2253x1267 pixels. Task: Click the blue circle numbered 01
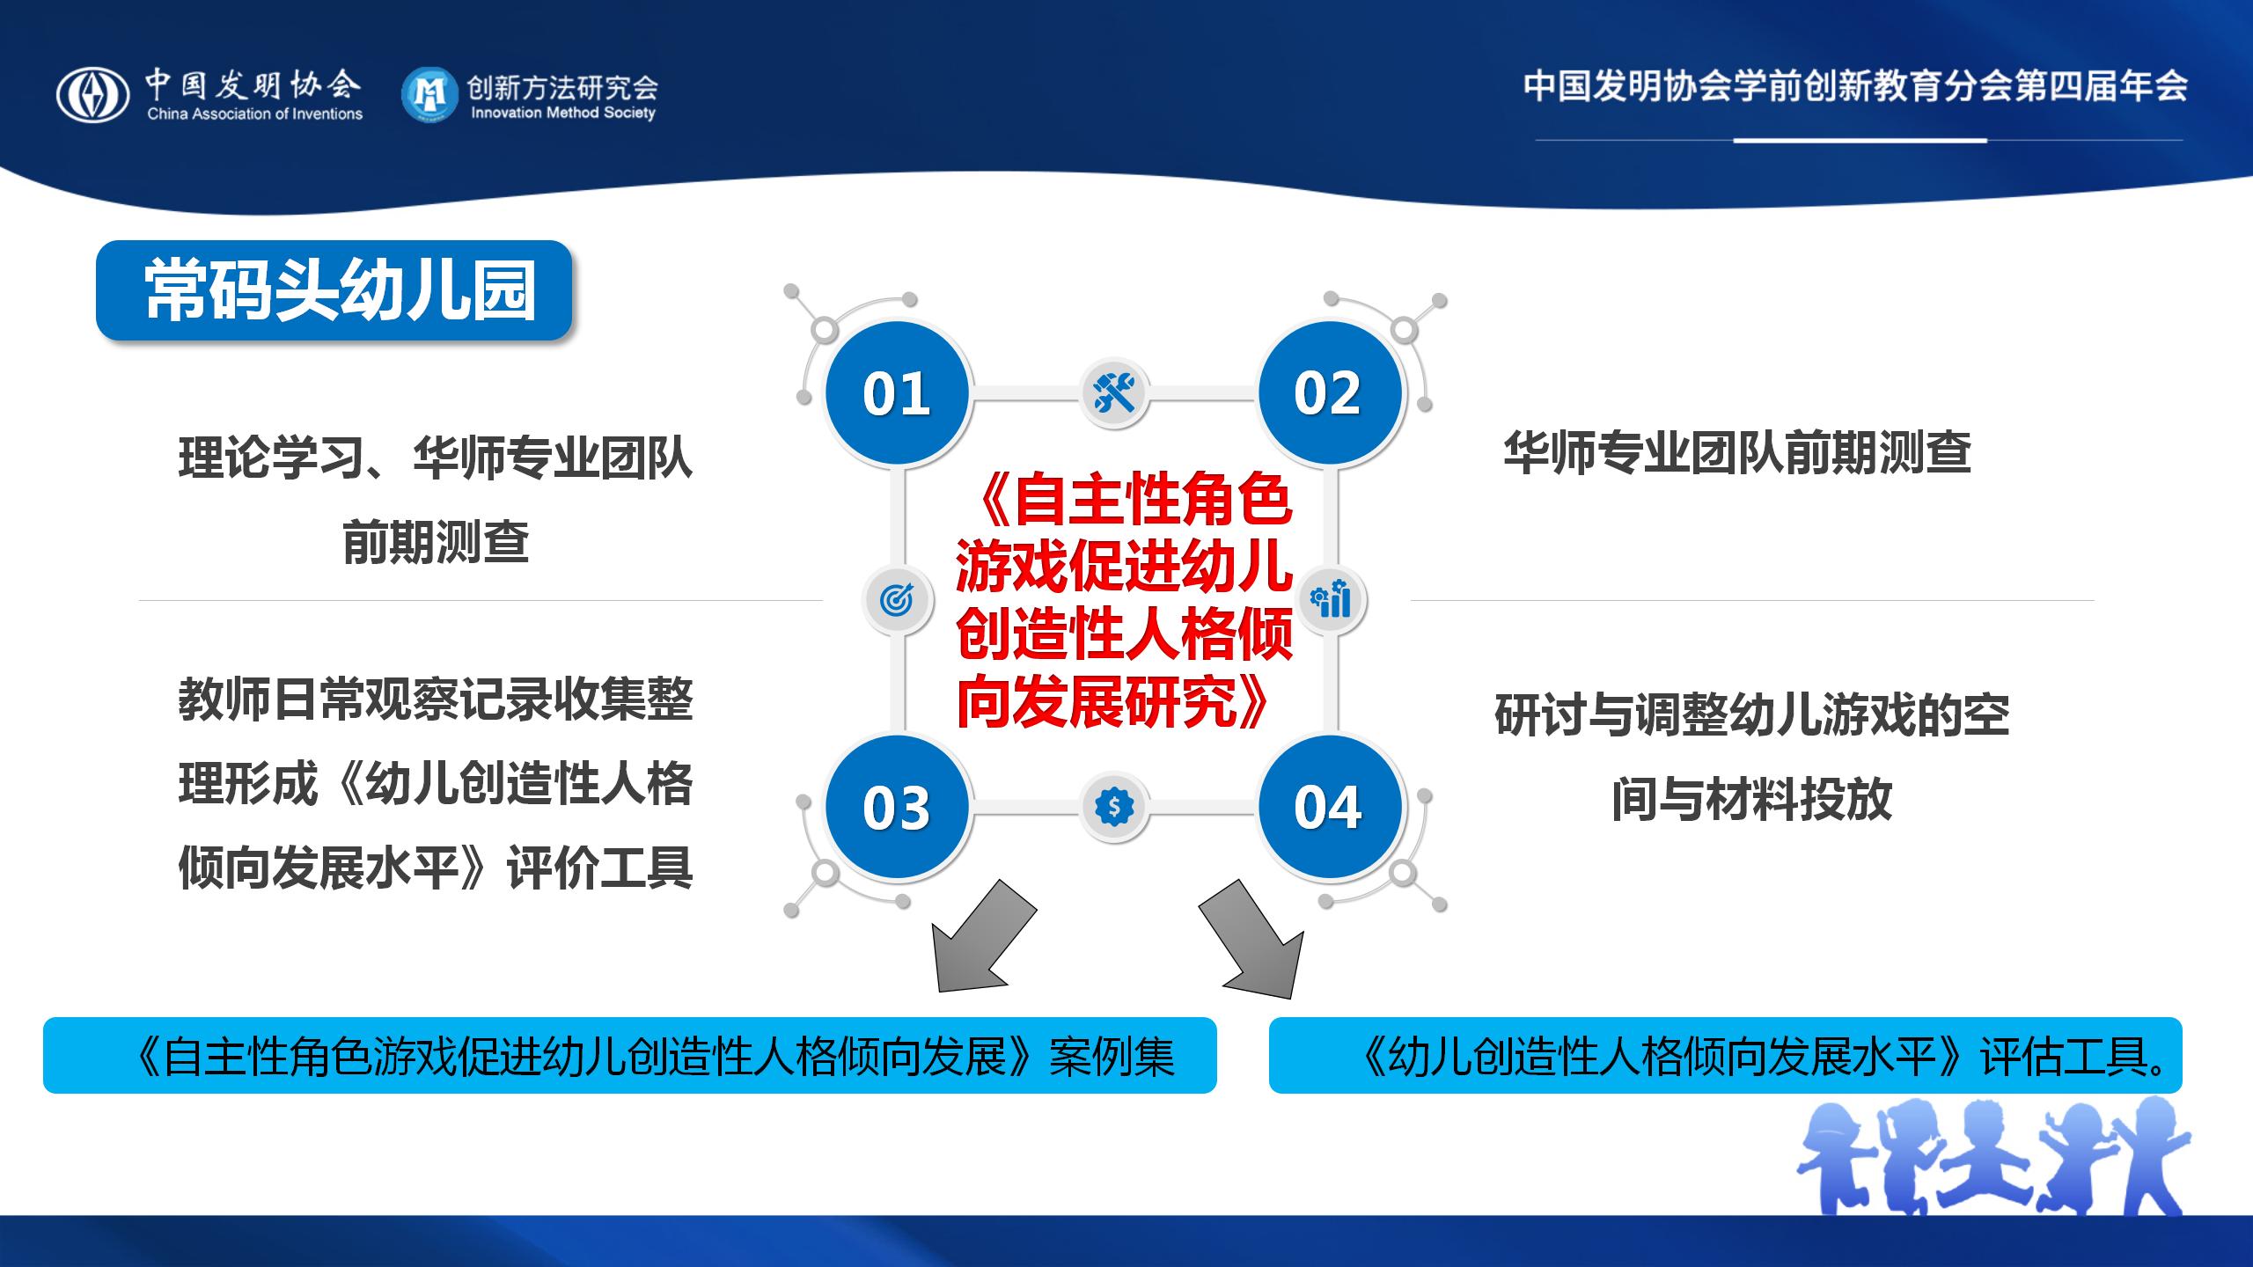point(897,392)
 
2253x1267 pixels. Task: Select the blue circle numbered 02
point(1329,392)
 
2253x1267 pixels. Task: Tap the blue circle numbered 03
point(897,807)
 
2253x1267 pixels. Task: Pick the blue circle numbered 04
point(1329,807)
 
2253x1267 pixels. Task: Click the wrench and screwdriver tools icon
point(1114,392)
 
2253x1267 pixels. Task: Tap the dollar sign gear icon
point(1114,807)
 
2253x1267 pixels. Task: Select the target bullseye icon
point(897,600)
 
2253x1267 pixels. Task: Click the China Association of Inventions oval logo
point(93,96)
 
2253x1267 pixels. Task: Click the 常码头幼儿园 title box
point(334,290)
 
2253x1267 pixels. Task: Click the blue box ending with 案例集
point(630,1056)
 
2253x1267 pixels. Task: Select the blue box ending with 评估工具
point(1726,1056)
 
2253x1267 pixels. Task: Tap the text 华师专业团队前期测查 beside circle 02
point(1737,454)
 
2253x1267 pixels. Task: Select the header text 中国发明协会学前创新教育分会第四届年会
point(1856,86)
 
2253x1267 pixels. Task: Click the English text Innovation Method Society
point(563,113)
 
